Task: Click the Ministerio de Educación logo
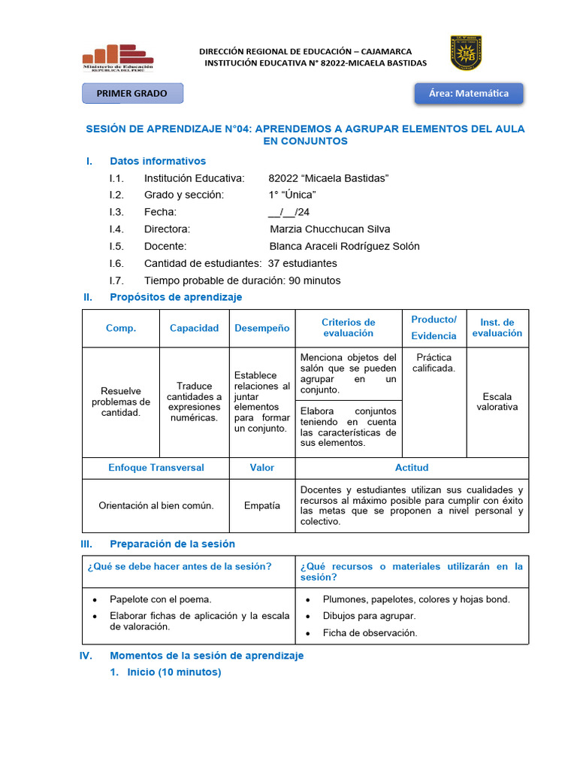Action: click(x=118, y=57)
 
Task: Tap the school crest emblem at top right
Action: click(x=465, y=53)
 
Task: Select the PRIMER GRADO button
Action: click(x=131, y=93)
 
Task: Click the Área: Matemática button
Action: click(x=468, y=93)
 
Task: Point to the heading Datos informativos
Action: click(x=158, y=161)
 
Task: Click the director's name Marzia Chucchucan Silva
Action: click(x=330, y=229)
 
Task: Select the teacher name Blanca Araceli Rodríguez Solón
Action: click(x=344, y=246)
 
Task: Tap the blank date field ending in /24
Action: click(x=288, y=212)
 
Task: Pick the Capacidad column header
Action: click(x=194, y=328)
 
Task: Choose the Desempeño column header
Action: click(x=261, y=328)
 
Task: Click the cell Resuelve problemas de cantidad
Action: click(x=120, y=402)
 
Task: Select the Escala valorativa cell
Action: click(x=497, y=402)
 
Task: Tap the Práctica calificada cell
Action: click(x=434, y=362)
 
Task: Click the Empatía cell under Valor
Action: click(x=261, y=506)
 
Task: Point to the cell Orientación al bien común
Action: click(x=156, y=505)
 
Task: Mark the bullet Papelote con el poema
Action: click(x=160, y=599)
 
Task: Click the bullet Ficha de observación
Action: click(x=370, y=632)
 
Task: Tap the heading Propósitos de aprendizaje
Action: click(x=176, y=297)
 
